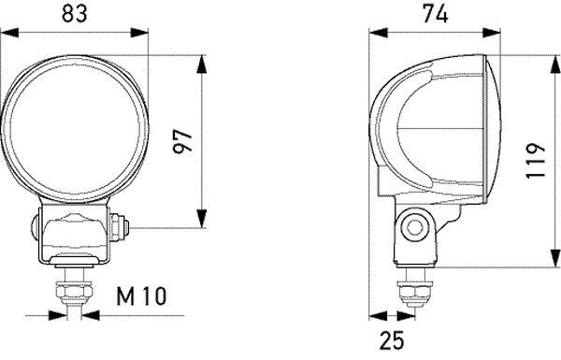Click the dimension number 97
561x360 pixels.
pyautogui.click(x=183, y=140)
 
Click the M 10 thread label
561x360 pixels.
pyautogui.click(x=141, y=297)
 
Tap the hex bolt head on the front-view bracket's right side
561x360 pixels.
pyautogui.click(x=119, y=224)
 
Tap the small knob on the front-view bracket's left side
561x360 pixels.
pyautogui.click(x=35, y=224)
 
